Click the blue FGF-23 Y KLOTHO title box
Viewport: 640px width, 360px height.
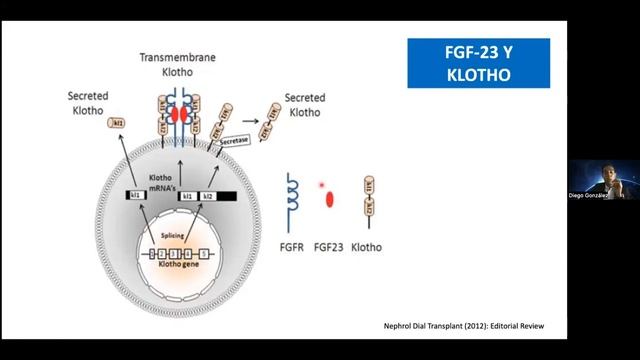(x=478, y=62)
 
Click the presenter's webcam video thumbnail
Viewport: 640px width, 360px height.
(x=603, y=186)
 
